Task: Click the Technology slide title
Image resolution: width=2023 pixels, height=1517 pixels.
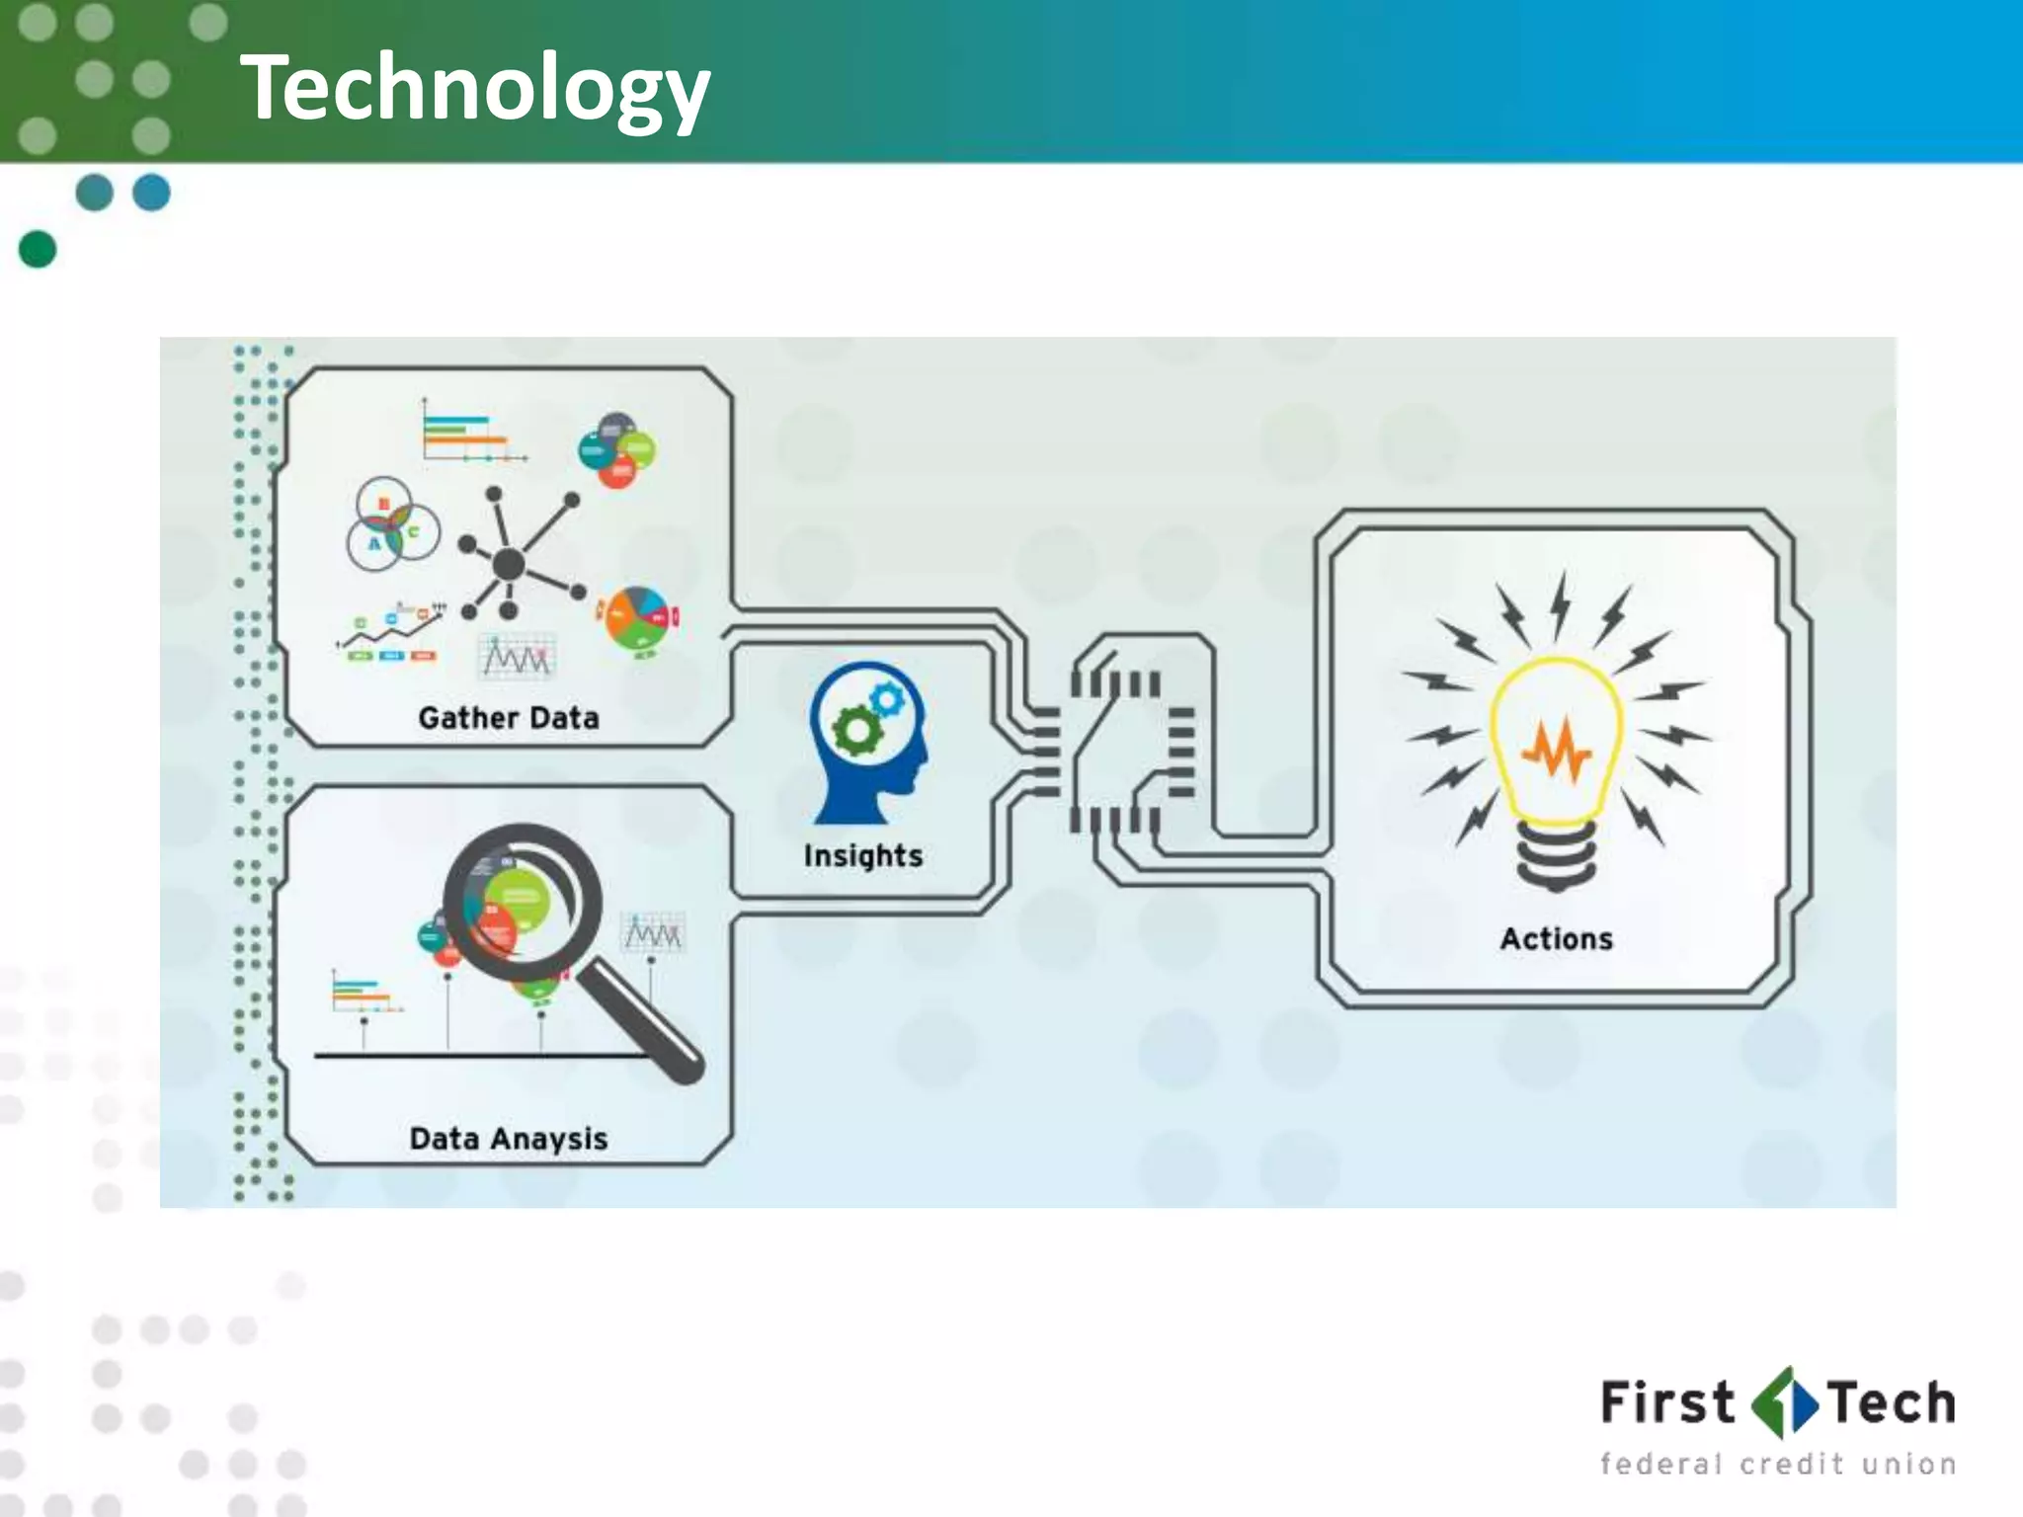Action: tap(474, 89)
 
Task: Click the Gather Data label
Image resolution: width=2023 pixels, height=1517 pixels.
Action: tap(509, 718)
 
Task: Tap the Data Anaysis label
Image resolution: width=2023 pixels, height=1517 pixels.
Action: tap(509, 1139)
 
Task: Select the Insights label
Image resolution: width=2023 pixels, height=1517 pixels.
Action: tap(863, 855)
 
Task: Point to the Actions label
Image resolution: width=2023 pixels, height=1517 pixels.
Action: tap(1557, 938)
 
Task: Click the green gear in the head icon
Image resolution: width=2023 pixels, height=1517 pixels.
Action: tap(856, 732)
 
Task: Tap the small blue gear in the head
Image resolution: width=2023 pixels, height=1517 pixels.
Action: tap(887, 700)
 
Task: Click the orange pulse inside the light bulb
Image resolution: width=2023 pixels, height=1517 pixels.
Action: tap(1557, 751)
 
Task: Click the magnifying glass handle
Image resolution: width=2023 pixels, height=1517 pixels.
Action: tap(642, 1022)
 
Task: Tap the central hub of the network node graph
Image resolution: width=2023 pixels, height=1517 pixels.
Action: tap(509, 565)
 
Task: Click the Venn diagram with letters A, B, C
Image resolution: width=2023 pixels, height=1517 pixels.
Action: tap(392, 525)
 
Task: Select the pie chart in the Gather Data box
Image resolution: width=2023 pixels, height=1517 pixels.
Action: tap(638, 619)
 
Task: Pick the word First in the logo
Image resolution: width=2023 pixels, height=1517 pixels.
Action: tap(1666, 1403)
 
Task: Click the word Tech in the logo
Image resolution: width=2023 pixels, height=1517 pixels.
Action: tap(1891, 1403)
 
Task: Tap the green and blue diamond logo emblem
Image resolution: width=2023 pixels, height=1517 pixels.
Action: tap(1784, 1402)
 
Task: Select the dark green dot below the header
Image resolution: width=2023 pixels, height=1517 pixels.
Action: tap(38, 249)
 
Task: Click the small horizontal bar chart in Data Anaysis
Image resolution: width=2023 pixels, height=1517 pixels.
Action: tap(362, 993)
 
